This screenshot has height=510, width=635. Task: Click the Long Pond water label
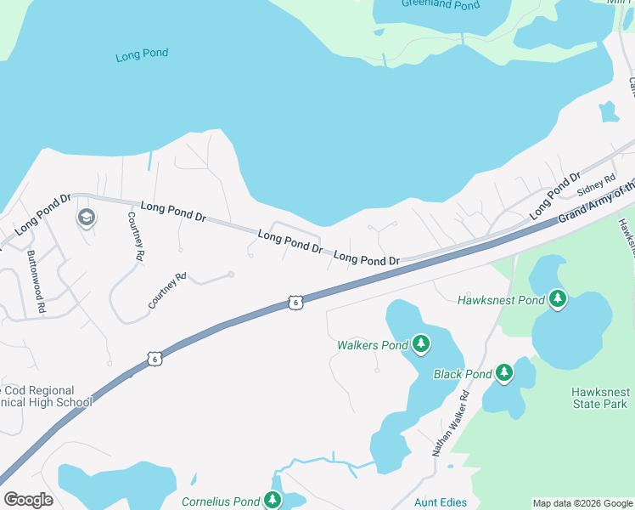(142, 54)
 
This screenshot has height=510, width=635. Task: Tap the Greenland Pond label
(441, 3)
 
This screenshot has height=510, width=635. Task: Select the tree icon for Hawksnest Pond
(558, 298)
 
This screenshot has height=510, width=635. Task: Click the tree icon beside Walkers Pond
(420, 343)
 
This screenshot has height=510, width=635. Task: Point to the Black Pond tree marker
(504, 372)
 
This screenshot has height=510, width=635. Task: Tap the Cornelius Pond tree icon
(272, 500)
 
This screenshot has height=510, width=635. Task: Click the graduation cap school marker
(86, 218)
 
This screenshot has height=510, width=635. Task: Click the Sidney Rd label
(597, 183)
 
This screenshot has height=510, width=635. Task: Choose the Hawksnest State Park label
(598, 398)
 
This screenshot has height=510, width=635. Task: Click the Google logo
(28, 499)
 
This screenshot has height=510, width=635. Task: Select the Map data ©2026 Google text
(582, 503)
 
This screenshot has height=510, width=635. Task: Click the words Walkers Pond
(373, 345)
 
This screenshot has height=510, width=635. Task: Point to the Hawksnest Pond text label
(500, 300)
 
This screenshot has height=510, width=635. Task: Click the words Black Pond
(463, 374)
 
